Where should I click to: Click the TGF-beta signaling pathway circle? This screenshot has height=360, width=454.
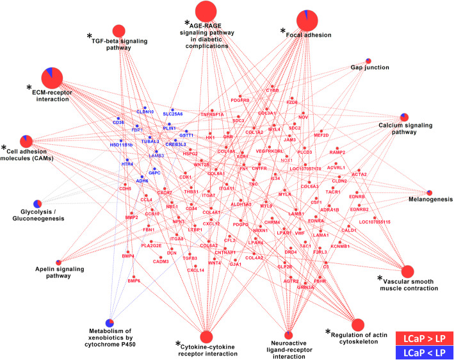[x=118, y=31]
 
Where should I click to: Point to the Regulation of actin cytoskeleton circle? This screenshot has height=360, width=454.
[x=358, y=325]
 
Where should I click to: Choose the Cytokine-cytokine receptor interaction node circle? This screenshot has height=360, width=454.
[x=206, y=336]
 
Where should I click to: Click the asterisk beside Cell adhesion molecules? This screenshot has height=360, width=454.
[x=5, y=149]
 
